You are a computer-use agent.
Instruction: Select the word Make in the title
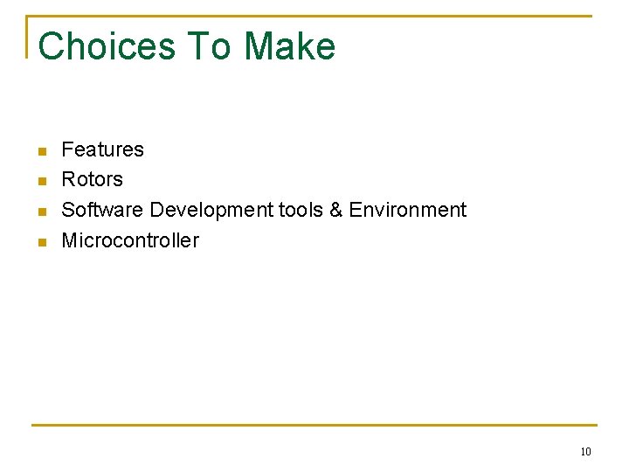[x=290, y=46]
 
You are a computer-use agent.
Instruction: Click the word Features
[x=102, y=149]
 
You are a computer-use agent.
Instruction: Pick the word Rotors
[x=92, y=180]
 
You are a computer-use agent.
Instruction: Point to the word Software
[x=102, y=210]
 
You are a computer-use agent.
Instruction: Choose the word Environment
[x=408, y=210]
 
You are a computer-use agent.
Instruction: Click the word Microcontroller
[x=130, y=240]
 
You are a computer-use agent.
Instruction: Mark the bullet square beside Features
[x=40, y=152]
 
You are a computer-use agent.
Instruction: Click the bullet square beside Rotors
[x=40, y=182]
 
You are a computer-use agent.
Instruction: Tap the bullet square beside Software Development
[x=40, y=212]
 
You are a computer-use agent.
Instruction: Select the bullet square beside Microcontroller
[x=40, y=242]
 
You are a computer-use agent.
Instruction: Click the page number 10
[x=585, y=452]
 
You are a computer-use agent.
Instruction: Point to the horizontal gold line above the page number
[x=314, y=426]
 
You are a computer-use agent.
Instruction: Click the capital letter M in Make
[x=259, y=46]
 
